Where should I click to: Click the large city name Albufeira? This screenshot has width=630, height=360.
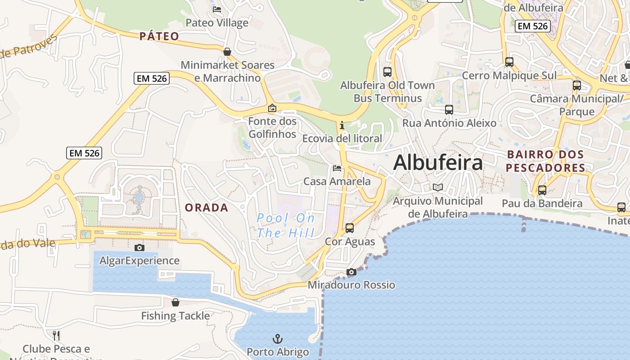[x=438, y=162]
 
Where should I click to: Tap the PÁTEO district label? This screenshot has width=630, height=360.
[x=159, y=36]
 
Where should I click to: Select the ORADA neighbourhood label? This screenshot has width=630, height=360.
[x=207, y=207]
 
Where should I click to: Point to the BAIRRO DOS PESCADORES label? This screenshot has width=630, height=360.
[x=545, y=161]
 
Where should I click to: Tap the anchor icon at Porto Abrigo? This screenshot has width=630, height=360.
[x=278, y=338]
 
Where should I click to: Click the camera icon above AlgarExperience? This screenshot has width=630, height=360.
[x=139, y=247]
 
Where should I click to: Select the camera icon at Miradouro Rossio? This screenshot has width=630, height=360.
[x=351, y=272]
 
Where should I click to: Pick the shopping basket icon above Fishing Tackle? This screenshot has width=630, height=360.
[x=175, y=302]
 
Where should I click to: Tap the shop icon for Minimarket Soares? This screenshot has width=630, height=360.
[x=227, y=52]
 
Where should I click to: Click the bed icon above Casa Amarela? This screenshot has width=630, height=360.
[x=337, y=168]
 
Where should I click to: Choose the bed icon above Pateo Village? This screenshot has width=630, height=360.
[x=217, y=9]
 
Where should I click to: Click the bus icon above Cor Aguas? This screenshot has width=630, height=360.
[x=350, y=228]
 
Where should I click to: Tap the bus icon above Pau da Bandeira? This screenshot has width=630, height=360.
[x=542, y=190]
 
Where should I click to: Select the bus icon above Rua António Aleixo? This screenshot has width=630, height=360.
[x=449, y=110]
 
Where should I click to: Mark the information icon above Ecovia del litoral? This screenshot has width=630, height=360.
[x=342, y=125]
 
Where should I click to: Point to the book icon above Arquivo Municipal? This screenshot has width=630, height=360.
[x=437, y=187]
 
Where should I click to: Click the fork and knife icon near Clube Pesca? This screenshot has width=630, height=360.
[x=56, y=335]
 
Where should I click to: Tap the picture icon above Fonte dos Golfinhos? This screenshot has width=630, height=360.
[x=272, y=108]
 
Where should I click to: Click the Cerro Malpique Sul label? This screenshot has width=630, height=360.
[x=509, y=76]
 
